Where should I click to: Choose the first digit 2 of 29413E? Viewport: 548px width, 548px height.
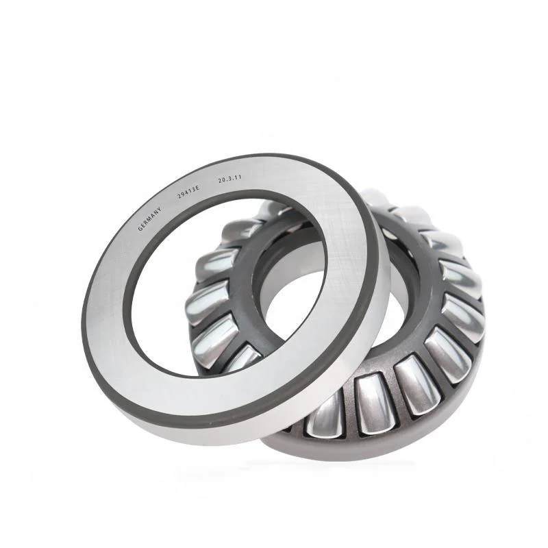pos(179,196)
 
